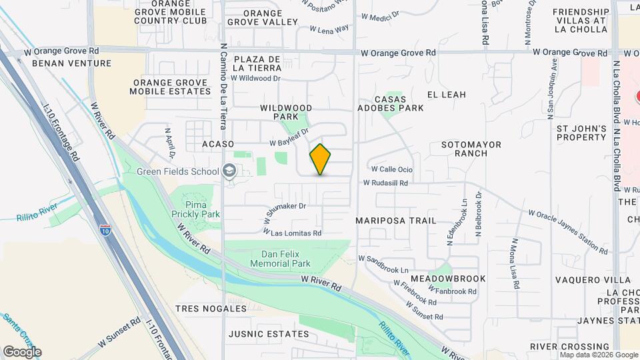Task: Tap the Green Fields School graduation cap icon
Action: coord(230,172)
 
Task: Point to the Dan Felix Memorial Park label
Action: coord(285,259)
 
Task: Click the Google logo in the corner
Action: coord(22,352)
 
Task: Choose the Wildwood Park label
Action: coord(286,112)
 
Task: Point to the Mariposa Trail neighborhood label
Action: coord(396,221)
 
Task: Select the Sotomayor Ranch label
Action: coord(464,149)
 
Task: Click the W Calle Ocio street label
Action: coord(392,169)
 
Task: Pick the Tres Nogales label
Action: coord(211,309)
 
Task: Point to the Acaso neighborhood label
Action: coord(218,144)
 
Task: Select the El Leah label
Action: coord(447,95)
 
